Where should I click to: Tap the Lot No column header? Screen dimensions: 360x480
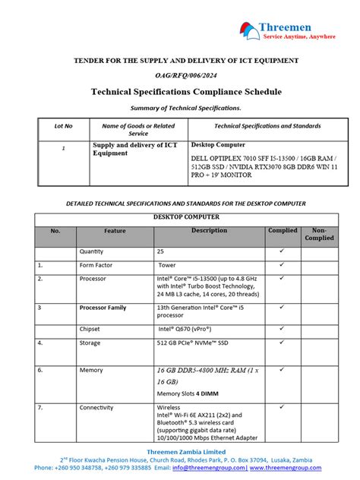click(64, 125)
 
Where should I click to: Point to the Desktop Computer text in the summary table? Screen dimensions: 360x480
click(218, 144)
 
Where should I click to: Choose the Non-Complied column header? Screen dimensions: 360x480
click(319, 234)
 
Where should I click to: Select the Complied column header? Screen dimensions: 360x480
click(283, 230)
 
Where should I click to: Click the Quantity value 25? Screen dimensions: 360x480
click(160, 251)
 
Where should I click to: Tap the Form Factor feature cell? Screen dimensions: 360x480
click(96, 265)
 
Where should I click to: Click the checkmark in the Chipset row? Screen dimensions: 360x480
click(282, 329)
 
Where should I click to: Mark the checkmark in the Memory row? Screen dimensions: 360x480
click(282, 369)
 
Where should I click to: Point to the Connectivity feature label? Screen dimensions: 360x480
click(96, 408)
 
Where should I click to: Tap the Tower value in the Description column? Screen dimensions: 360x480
click(167, 265)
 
